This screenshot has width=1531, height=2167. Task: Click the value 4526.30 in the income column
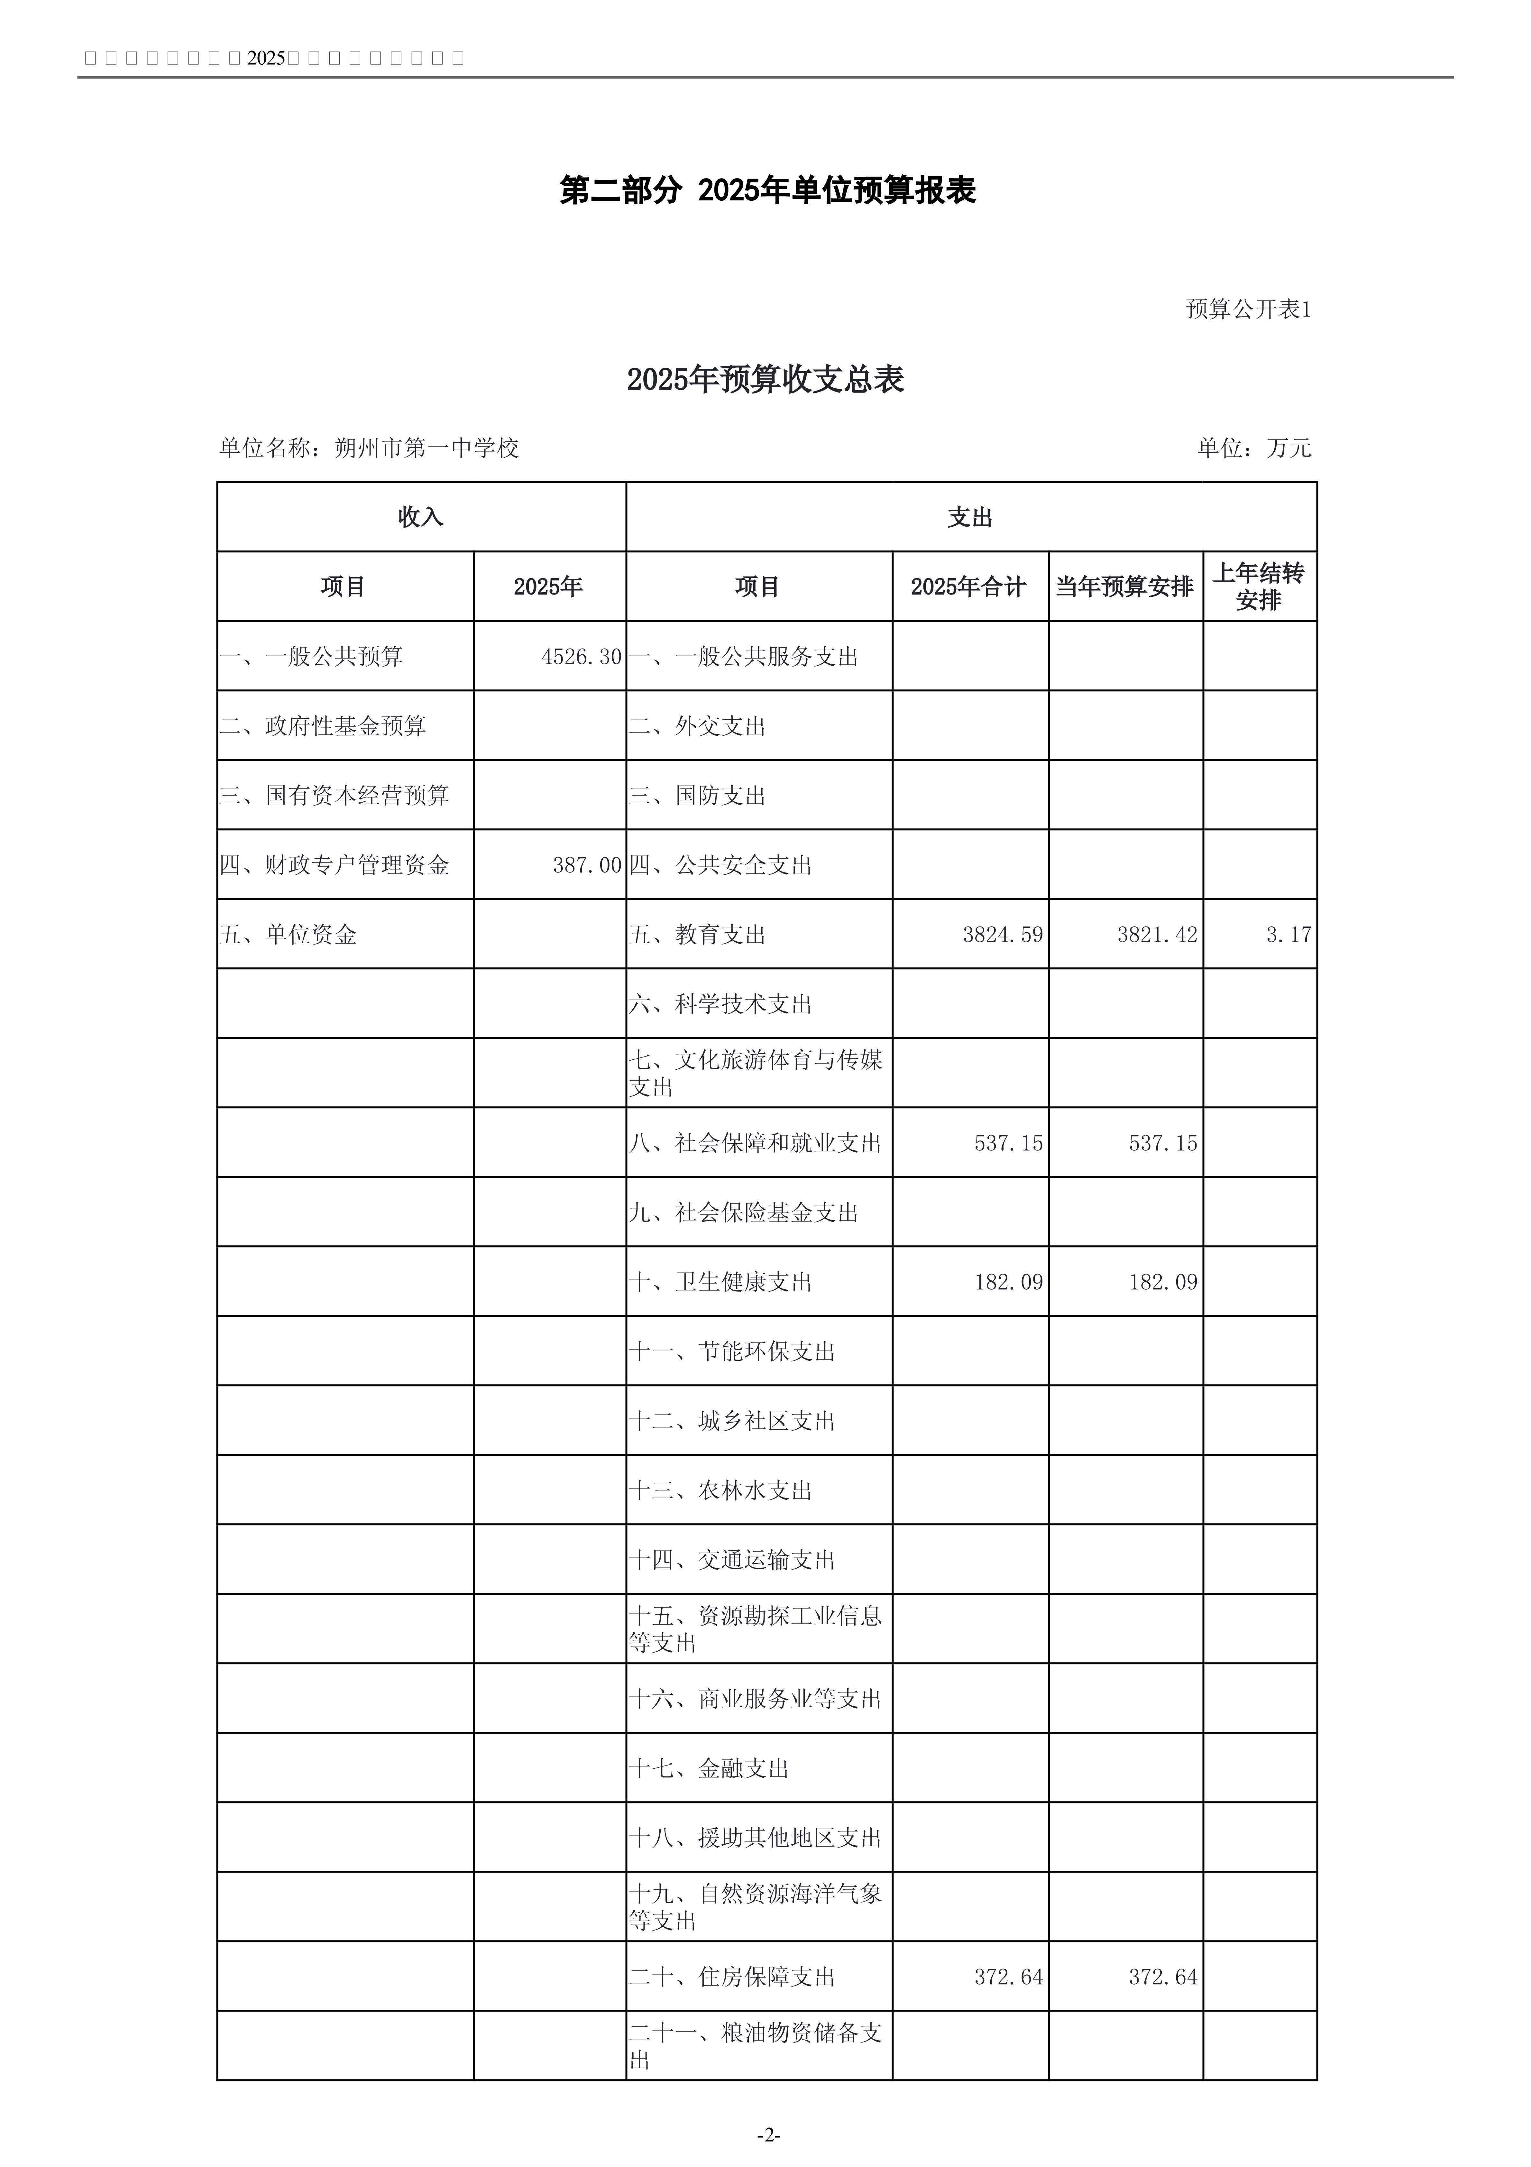pyautogui.click(x=581, y=657)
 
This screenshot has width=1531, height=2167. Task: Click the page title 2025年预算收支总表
pyautogui.click(x=765, y=379)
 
